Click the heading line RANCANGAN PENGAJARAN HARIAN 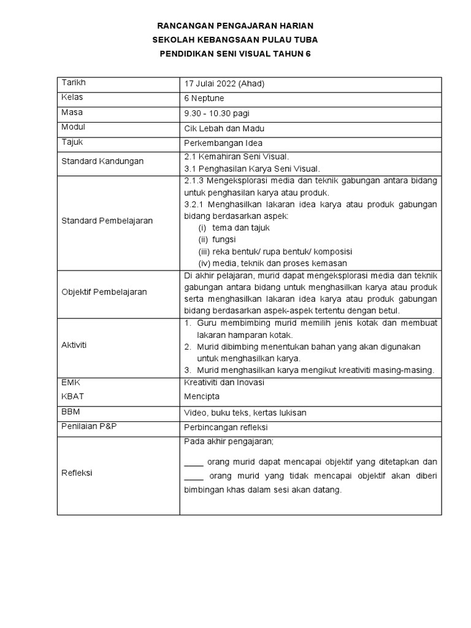click(x=235, y=26)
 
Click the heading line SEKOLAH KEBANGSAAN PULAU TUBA click(x=235, y=40)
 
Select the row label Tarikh click(x=73, y=83)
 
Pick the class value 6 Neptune click(x=204, y=99)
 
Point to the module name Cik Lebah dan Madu click(x=224, y=128)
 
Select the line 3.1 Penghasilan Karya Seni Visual click(x=252, y=169)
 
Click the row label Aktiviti click(x=74, y=345)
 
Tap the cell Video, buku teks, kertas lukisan click(x=245, y=413)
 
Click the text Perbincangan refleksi click(x=226, y=427)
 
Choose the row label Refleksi click(x=77, y=473)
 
